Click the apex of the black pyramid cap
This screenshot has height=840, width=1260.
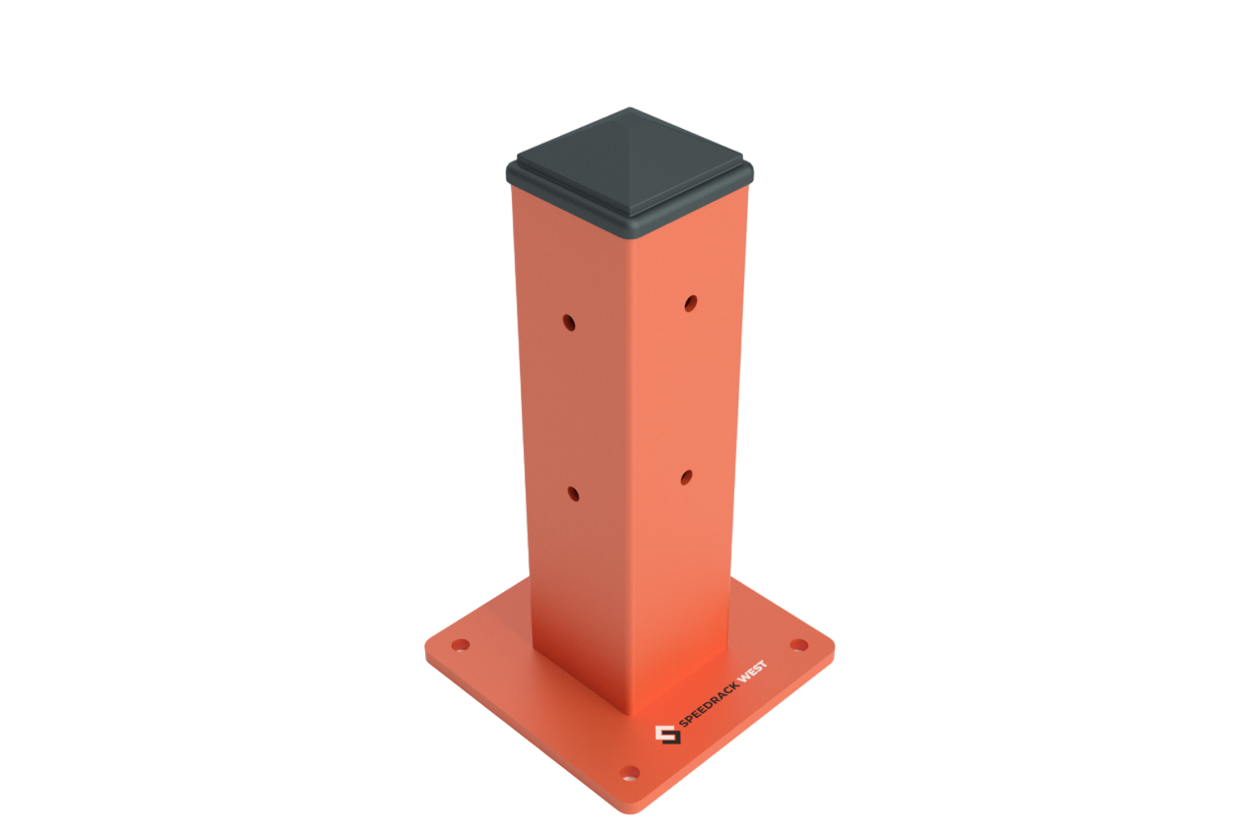click(630, 108)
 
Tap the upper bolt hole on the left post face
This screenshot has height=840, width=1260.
click(569, 323)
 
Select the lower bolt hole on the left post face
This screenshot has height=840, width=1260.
click(573, 494)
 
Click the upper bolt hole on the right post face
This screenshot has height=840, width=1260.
click(691, 303)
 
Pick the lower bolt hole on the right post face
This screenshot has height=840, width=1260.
click(686, 478)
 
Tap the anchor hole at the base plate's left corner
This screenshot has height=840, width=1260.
click(461, 645)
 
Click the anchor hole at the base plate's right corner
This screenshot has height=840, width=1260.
click(799, 645)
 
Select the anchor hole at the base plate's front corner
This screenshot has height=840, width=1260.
click(630, 773)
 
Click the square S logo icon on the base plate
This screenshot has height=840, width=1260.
click(668, 735)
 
